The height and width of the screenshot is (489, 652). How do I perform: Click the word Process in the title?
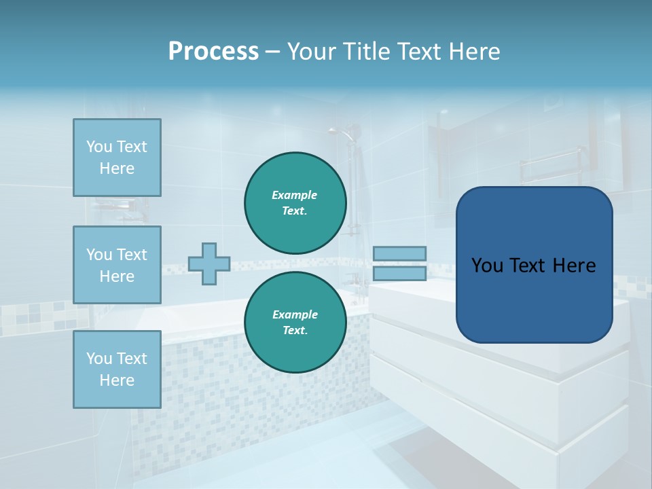coord(213,52)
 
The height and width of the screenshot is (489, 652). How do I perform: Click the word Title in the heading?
coord(361,52)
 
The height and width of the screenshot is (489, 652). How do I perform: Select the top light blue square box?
coord(117,158)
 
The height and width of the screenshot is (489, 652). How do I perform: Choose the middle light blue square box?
coord(117,265)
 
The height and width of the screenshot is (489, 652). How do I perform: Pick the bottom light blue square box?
coord(117,369)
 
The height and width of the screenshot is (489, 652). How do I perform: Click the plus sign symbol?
coord(209,264)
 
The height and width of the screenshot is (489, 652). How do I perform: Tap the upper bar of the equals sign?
coord(399,253)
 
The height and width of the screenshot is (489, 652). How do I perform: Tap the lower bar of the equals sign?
coord(399,273)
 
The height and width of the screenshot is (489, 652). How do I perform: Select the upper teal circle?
coord(295,202)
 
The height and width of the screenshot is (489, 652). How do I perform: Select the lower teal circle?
coord(295,322)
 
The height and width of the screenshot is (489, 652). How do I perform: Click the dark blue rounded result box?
coord(534,299)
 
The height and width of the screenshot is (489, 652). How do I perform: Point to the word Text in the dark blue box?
coord(528,266)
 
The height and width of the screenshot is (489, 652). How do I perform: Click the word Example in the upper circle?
coord(295,195)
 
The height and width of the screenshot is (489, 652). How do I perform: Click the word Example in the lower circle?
coord(295,314)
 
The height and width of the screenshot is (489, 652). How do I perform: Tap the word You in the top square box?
coord(98,147)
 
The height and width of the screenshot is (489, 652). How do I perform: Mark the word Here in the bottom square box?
coord(117,380)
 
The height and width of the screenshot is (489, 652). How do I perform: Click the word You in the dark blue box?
coord(487,266)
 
